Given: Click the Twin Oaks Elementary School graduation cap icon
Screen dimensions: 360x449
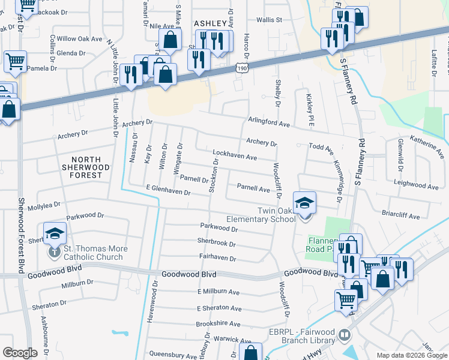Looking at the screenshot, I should pos(305,202).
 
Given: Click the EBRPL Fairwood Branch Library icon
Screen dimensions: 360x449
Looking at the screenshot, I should pos(345,334).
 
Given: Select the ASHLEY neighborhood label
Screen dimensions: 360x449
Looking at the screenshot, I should pos(210,23).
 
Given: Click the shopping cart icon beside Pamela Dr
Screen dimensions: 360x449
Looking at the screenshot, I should pos(15,60).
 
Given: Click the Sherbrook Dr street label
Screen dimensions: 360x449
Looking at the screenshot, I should pos(217,244).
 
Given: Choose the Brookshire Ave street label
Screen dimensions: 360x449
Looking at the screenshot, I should pos(218,324).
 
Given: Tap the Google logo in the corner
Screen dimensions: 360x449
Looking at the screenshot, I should pos(20,353).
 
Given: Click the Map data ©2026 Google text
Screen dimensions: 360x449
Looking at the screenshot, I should pos(411,355).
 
